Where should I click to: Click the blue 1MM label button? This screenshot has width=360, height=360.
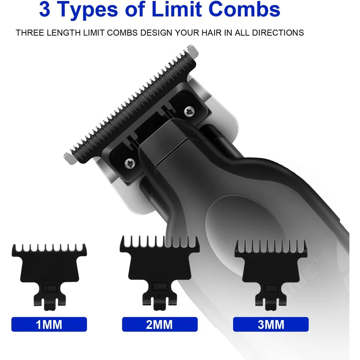(x=49, y=324)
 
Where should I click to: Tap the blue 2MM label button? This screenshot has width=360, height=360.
(x=160, y=324)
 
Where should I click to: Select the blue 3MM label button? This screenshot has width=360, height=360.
(x=271, y=324)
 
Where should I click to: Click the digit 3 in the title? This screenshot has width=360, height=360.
(x=45, y=9)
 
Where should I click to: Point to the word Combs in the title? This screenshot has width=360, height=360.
(x=245, y=9)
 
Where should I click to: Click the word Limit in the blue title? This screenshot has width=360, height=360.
(x=177, y=9)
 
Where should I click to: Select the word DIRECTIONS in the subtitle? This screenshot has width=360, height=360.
(x=278, y=32)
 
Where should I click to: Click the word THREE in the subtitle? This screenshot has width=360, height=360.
(x=30, y=32)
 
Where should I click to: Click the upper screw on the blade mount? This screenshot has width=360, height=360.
(x=189, y=111)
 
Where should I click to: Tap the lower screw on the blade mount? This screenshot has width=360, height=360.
(x=130, y=163)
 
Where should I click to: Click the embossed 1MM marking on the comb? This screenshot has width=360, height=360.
(x=50, y=288)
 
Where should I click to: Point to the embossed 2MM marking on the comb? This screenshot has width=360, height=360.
(x=160, y=287)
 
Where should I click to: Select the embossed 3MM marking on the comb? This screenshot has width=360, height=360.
(x=271, y=288)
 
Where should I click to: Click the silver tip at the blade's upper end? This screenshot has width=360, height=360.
(x=193, y=50)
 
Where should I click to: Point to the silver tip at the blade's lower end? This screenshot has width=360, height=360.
(x=70, y=158)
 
